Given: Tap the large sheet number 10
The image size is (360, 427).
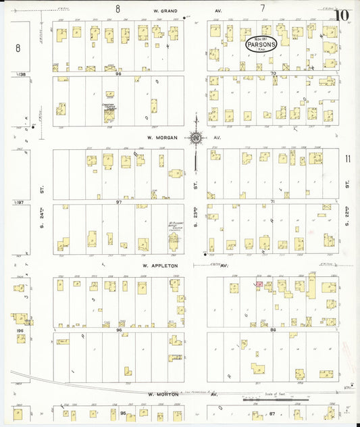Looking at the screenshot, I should [342, 15].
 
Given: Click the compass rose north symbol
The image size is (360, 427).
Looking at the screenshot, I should [195, 138].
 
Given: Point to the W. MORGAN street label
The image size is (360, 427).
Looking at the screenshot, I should [159, 137].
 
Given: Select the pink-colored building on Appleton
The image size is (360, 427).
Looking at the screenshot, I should [259, 284].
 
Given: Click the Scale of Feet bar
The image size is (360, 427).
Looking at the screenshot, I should [277, 399].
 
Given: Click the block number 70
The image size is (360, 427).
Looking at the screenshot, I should [273, 73].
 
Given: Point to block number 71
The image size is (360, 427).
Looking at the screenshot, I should [273, 202].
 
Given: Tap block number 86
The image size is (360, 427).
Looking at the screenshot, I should [273, 329].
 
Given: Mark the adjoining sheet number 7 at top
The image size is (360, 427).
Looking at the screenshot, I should [262, 9].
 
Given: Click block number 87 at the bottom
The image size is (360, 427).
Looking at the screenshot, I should [273, 412].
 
